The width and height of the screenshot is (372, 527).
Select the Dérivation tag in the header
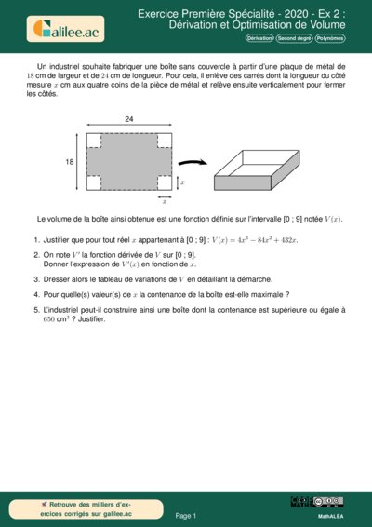coord(260,39)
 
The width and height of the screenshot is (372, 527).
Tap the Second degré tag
coord(294,39)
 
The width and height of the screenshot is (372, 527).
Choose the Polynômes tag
coord(329,39)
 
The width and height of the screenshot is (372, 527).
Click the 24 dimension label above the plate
coord(129,119)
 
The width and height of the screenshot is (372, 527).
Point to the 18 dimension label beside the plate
coord(69,161)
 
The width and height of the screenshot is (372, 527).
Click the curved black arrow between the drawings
coord(193,159)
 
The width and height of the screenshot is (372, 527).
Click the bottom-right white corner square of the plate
coord(164,182)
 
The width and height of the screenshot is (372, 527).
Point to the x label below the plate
coord(165,200)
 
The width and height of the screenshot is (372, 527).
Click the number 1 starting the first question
coord(36,240)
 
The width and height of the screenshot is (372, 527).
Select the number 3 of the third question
coord(36,278)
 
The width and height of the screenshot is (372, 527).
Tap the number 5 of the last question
coord(36,308)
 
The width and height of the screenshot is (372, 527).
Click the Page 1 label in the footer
coord(186,515)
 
